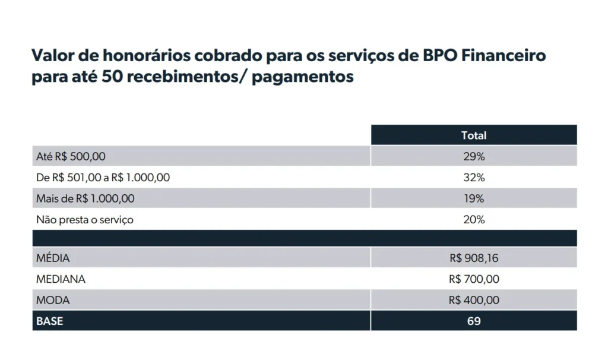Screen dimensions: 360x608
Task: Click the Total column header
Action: [x=473, y=135]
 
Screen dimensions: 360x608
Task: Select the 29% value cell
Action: [x=473, y=156]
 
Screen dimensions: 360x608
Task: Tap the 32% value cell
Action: [x=473, y=178]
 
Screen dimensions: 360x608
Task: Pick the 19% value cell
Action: [x=473, y=198]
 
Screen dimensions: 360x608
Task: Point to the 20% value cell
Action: [x=473, y=220]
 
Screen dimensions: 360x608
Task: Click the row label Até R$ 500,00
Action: [x=71, y=156]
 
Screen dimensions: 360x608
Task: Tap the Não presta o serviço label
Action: [x=85, y=220]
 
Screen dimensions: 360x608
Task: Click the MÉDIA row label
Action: [x=53, y=258]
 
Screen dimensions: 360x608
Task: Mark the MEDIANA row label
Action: [x=61, y=279]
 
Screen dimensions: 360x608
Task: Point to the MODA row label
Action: [x=53, y=300]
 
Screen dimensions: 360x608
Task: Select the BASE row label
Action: [x=50, y=321]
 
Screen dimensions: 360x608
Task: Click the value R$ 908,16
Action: [x=474, y=258]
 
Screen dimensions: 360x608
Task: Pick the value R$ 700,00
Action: [x=474, y=279]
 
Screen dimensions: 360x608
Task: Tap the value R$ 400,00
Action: [x=474, y=300]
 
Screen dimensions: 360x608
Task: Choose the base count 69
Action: [x=473, y=321]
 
